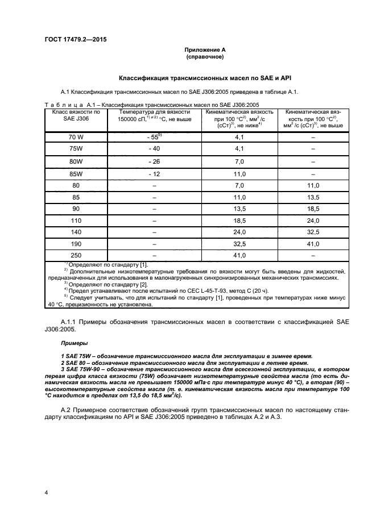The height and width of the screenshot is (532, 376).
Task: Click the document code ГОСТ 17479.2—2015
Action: point(76,39)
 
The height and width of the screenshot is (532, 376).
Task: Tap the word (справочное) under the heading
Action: point(205,57)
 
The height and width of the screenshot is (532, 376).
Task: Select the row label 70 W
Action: point(76,137)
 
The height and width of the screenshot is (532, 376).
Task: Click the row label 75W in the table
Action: point(76,149)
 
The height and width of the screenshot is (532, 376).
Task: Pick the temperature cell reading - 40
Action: point(154,149)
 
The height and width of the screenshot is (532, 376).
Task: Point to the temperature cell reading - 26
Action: point(154,161)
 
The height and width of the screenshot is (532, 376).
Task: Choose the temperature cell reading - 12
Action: point(154,173)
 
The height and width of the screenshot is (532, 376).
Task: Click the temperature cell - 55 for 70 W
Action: point(154,137)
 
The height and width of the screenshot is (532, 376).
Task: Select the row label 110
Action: point(76,220)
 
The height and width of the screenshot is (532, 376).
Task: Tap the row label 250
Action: point(76,255)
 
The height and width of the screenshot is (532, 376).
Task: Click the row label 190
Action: point(76,243)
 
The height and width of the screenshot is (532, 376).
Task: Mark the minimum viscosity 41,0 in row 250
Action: point(239,255)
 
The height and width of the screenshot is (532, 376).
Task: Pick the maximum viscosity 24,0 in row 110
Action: point(313,220)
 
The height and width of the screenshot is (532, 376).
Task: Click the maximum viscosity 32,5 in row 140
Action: point(313,232)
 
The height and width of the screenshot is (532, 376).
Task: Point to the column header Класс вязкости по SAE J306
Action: point(76,115)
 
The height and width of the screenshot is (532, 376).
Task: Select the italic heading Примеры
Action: point(72,344)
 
